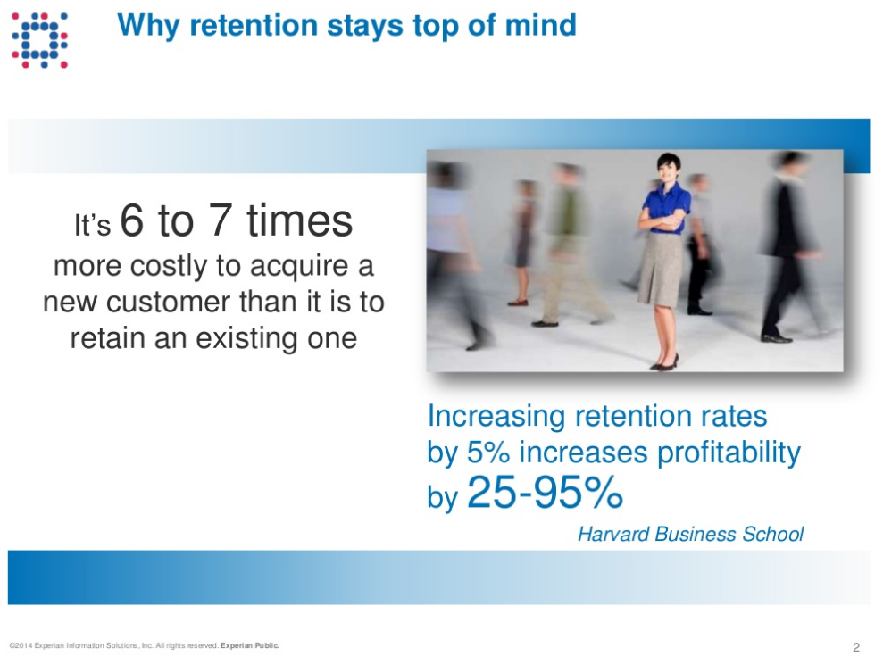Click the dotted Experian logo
coord(40,40)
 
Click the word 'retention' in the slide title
coord(254,25)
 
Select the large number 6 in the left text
coord(131,220)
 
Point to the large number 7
coord(220,220)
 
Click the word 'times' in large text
coord(299,220)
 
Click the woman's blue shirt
coord(666,207)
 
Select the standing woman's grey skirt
coord(661,270)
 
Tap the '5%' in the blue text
coord(487,453)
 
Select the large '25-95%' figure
coord(545,492)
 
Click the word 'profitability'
coord(729,453)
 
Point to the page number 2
coord(856,647)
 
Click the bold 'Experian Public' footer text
coord(249,645)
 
